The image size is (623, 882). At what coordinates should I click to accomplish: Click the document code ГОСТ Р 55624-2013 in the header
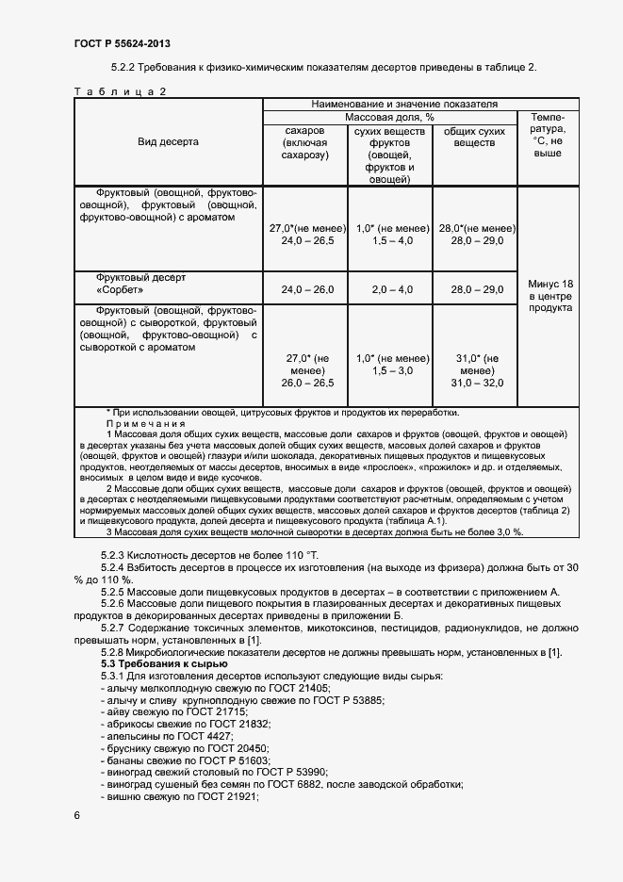tap(122, 44)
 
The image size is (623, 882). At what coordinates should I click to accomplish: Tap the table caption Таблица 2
tap(120, 91)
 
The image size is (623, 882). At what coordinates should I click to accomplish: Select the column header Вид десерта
tap(168, 141)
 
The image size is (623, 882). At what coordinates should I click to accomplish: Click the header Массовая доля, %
tap(389, 117)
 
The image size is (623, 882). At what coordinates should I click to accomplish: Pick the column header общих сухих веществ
tap(474, 138)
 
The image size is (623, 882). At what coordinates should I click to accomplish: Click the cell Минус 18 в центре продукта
tap(549, 295)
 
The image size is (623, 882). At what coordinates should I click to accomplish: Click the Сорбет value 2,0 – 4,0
tap(390, 290)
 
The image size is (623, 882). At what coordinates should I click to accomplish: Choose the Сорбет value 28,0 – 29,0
tap(474, 290)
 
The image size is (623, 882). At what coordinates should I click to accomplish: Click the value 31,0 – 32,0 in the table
tap(474, 383)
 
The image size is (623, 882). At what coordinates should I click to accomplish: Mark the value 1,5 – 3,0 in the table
tap(390, 371)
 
